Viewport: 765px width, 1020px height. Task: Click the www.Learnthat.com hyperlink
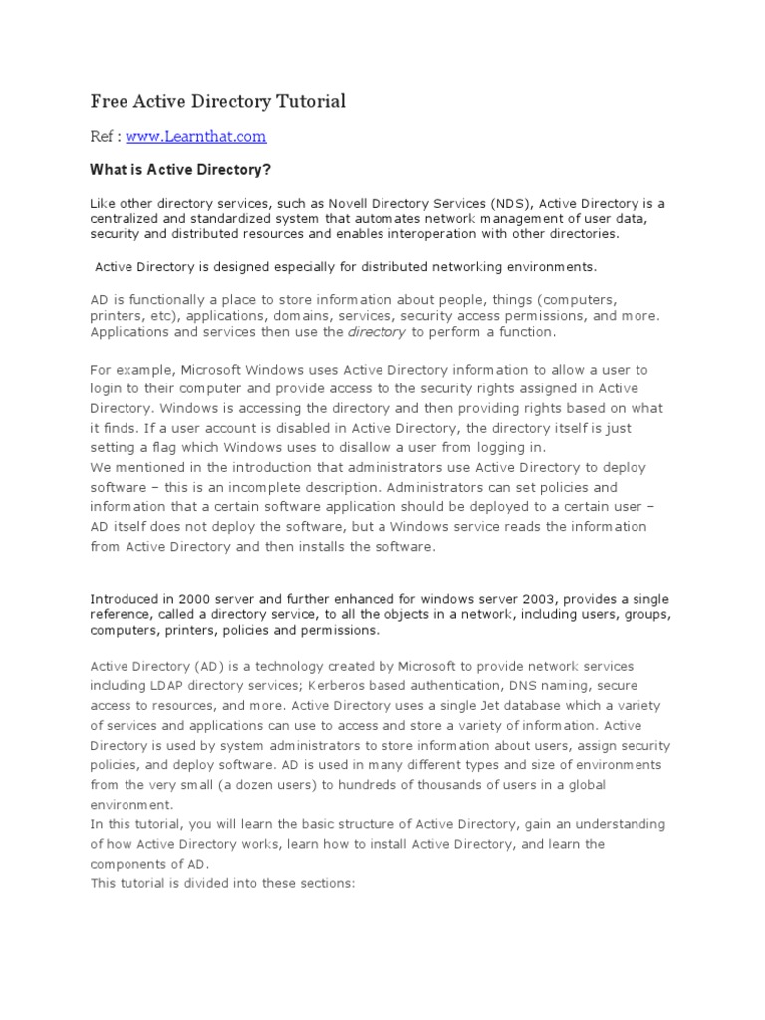tap(195, 136)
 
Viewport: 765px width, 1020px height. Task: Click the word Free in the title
tap(109, 101)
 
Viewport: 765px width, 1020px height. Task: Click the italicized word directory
tap(376, 332)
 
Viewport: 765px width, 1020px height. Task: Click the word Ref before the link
tap(104, 136)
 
